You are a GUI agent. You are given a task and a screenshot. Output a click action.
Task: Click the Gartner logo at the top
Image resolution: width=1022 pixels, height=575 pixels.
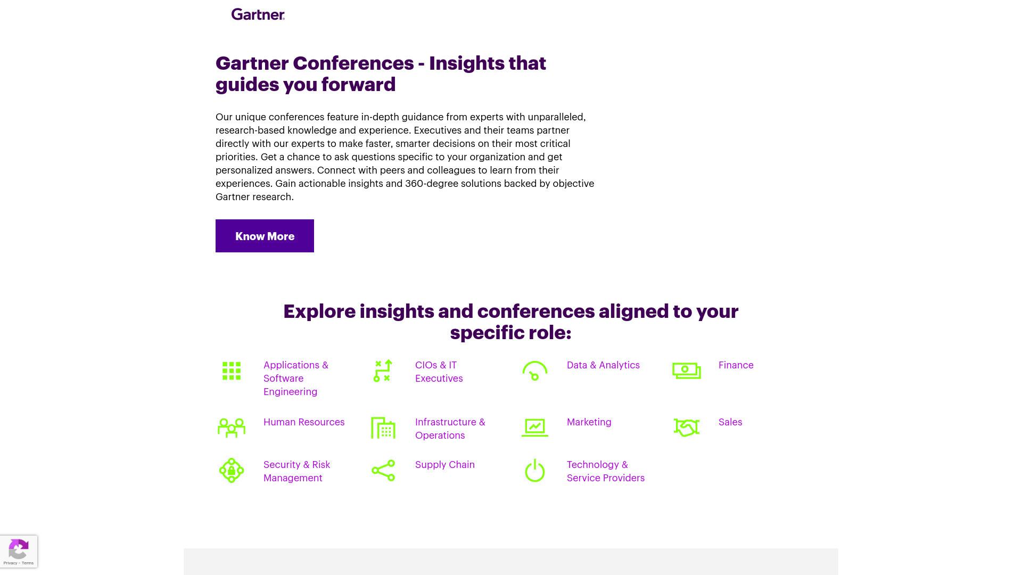(x=258, y=14)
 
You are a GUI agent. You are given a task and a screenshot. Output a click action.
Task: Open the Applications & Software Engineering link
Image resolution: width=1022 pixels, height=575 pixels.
(x=296, y=379)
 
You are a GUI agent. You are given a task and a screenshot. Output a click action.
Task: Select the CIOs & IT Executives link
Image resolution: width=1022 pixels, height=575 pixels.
(x=439, y=372)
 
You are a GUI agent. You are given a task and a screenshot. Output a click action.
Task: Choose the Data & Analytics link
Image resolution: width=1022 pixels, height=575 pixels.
(x=603, y=365)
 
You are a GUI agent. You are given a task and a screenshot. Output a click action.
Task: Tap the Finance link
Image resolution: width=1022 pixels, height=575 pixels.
(x=736, y=365)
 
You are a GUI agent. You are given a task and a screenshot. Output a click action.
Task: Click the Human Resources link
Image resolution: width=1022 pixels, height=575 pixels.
(x=304, y=422)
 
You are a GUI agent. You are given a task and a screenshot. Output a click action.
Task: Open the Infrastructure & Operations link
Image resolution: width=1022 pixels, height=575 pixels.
(x=450, y=429)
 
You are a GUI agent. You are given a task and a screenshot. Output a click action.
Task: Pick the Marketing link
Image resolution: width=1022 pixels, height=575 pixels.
(x=589, y=422)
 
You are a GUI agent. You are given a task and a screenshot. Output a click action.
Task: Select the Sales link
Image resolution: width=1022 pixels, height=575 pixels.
(x=730, y=422)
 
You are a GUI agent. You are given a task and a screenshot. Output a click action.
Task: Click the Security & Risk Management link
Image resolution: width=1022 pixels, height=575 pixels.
(x=297, y=471)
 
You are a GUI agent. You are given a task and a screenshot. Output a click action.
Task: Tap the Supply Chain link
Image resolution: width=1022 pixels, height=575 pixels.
(x=445, y=465)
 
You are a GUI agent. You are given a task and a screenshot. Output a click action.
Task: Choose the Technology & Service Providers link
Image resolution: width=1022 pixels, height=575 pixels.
(x=606, y=471)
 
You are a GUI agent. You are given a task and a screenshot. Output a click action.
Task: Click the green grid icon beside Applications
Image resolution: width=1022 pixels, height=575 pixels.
(x=232, y=371)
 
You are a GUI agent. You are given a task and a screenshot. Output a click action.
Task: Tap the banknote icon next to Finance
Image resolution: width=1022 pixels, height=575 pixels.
(x=687, y=371)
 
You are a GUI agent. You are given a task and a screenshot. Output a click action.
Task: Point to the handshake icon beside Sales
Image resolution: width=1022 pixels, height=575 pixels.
(x=687, y=428)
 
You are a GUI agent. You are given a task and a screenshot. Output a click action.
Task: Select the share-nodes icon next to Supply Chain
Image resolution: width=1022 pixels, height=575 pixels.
(x=383, y=471)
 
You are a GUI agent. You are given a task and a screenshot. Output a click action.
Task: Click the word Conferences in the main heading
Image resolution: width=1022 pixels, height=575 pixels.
(x=353, y=63)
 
